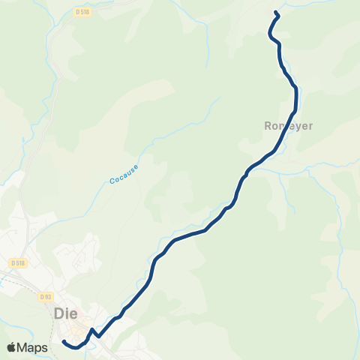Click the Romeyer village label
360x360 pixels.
coord(289,126)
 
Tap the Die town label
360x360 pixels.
coord(67,314)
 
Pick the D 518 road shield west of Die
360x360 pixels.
coord(18,262)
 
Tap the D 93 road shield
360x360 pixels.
coord(46,296)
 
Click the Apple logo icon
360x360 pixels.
coord(12,347)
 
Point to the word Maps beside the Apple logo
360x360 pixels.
coord(34,347)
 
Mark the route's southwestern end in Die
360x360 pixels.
coord(63,342)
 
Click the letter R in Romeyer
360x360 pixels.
coord(268,126)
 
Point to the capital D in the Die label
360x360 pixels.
coord(59,314)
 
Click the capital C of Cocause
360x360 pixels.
coord(112,182)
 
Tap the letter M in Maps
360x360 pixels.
coord(24,347)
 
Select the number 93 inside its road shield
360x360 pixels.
coord(48,296)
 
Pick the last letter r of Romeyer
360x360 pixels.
coord(310,126)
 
